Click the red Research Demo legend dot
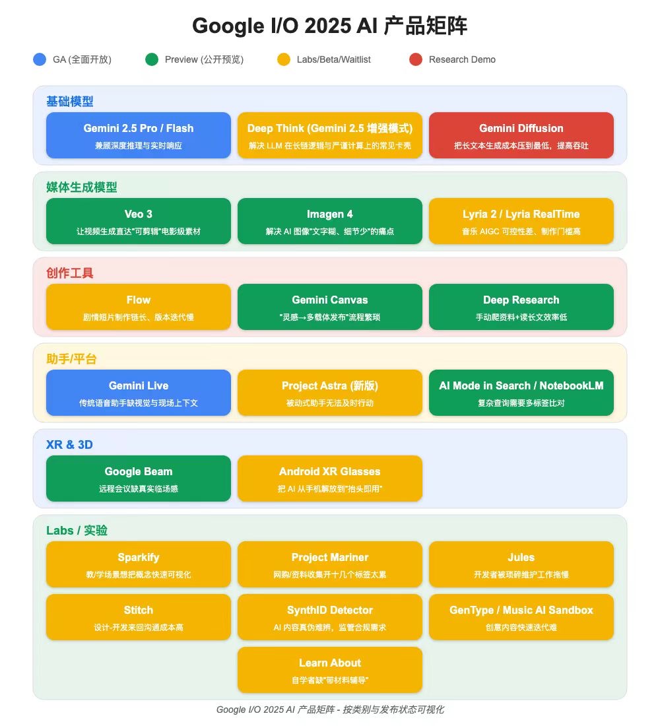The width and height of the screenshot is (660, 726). (x=415, y=59)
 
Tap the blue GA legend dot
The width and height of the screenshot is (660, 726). (x=40, y=59)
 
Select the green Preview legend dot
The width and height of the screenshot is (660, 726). (x=152, y=59)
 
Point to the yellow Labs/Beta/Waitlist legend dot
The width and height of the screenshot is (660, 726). (x=283, y=59)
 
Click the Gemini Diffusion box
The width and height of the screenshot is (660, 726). (x=521, y=135)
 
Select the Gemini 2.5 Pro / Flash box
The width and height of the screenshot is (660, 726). (x=139, y=135)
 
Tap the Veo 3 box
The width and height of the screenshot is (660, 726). (x=139, y=221)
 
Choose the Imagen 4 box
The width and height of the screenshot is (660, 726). (x=330, y=221)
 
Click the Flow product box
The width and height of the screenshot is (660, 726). (x=139, y=307)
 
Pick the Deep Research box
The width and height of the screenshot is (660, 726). (x=521, y=307)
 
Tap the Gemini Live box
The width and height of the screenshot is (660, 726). (x=139, y=393)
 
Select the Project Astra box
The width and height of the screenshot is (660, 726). (x=330, y=393)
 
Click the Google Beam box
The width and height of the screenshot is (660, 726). (x=139, y=478)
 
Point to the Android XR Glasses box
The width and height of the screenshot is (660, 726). (x=330, y=478)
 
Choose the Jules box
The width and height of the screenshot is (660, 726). (x=521, y=564)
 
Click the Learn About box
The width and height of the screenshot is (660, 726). (x=330, y=670)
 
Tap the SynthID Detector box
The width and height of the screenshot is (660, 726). (x=330, y=617)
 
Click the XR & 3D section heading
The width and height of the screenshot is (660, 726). (x=69, y=444)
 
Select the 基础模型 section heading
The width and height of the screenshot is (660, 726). (x=69, y=102)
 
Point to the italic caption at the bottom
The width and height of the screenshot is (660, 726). (x=330, y=709)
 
